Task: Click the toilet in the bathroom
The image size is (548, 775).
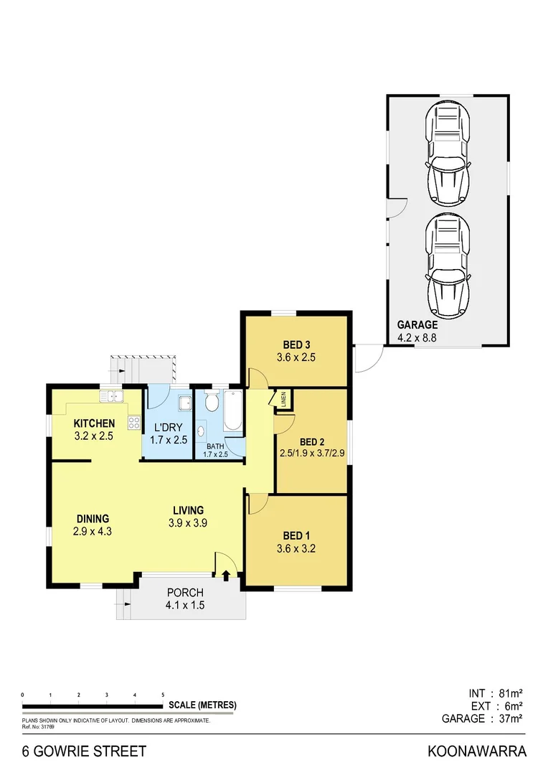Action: coord(212,403)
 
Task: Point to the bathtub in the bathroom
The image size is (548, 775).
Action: coord(233,411)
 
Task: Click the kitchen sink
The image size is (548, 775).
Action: coord(113,395)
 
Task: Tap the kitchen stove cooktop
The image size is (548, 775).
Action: coord(133,422)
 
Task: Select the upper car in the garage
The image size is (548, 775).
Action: coord(448,155)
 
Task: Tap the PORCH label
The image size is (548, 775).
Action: coord(185,593)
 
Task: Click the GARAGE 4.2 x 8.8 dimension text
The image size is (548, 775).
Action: coord(417,337)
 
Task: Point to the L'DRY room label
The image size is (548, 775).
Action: coord(168,426)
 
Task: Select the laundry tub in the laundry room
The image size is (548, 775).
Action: coord(184,401)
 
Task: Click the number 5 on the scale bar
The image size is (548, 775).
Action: coord(163,695)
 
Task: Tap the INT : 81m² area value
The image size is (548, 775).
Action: coord(494,693)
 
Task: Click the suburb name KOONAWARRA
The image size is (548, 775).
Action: coord(477,752)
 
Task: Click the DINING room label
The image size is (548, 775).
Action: coord(93,518)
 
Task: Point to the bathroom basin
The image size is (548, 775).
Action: coord(202,431)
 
